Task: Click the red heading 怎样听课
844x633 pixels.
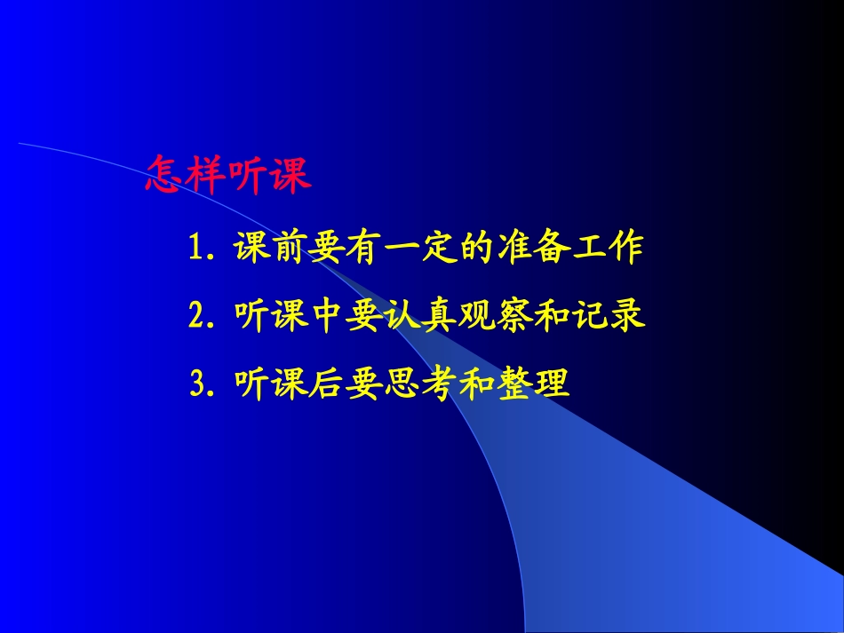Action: pyautogui.click(x=228, y=177)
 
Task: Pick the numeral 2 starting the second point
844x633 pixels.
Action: pyautogui.click(x=197, y=317)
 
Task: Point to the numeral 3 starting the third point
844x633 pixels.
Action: pyautogui.click(x=198, y=384)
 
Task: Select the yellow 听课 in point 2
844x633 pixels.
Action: pyautogui.click(x=267, y=317)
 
